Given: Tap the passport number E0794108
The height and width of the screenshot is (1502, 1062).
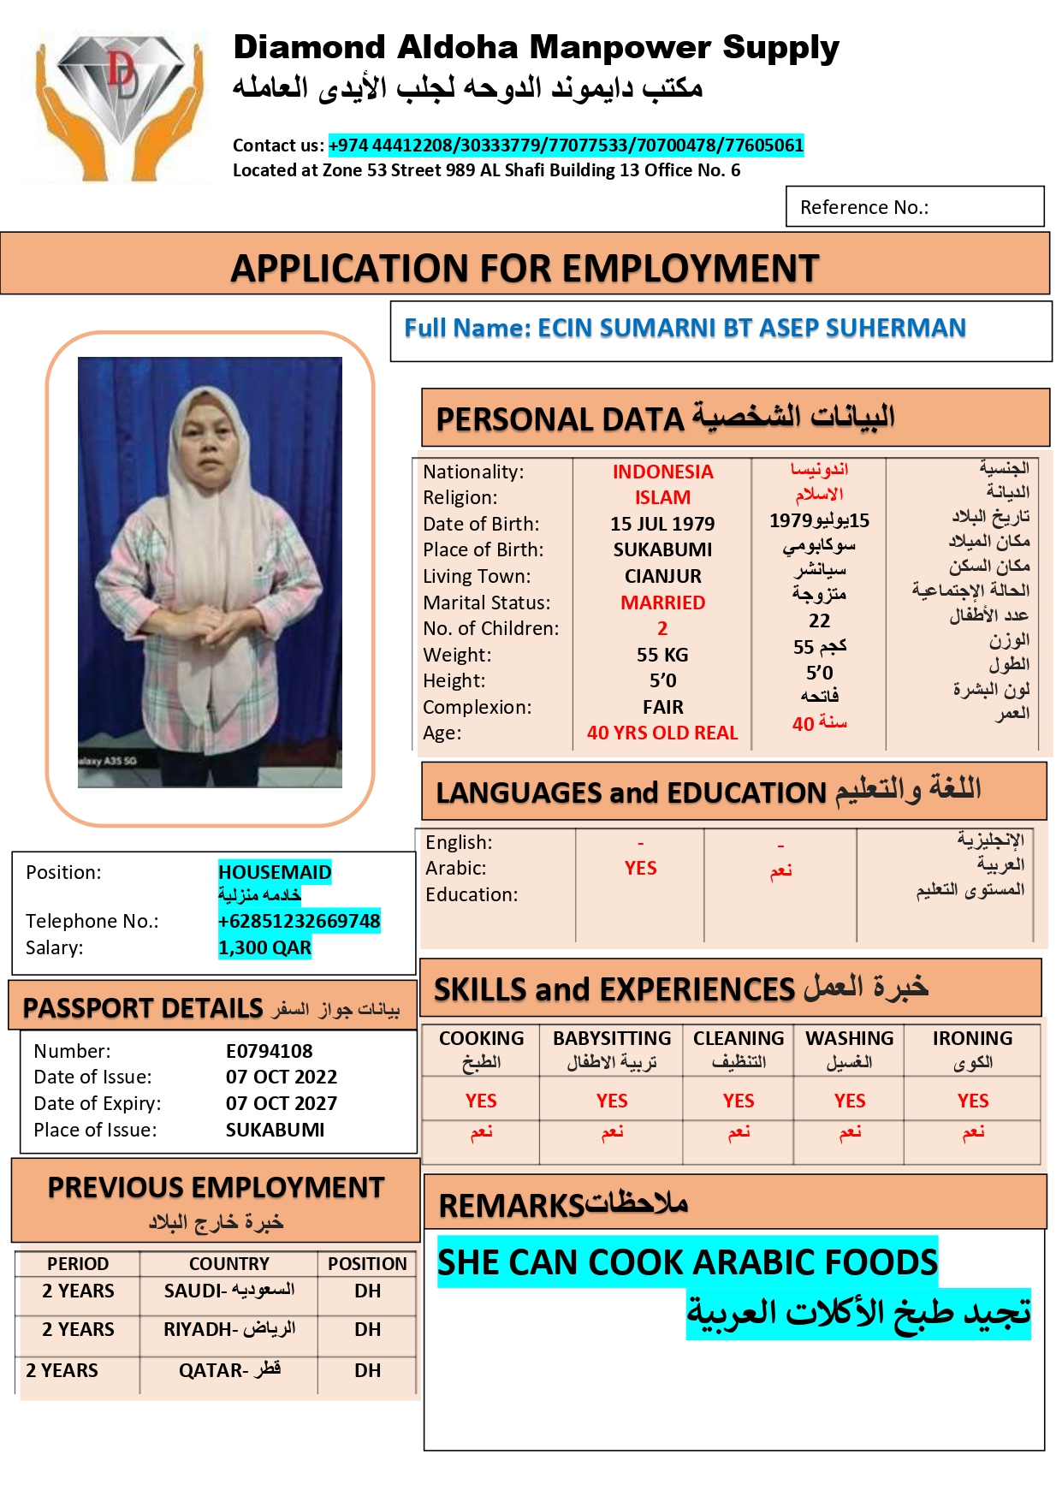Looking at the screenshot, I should (x=269, y=1051).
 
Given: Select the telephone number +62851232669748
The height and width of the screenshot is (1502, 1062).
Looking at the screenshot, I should (x=299, y=921).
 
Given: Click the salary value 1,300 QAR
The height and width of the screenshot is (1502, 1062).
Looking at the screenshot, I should (x=264, y=947).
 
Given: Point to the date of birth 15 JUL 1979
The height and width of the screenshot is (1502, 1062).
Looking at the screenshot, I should (x=662, y=524).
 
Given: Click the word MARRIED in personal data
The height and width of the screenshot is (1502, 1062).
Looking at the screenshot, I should (x=662, y=603).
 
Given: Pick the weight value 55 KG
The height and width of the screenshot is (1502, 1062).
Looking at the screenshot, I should (x=662, y=655).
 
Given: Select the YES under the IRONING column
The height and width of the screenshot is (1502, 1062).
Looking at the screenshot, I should (x=972, y=1101).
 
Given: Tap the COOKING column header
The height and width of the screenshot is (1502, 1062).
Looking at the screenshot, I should (x=481, y=1038).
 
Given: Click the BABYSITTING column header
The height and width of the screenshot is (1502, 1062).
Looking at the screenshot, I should (x=612, y=1038).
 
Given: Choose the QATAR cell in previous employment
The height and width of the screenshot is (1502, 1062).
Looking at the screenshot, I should (x=229, y=1370).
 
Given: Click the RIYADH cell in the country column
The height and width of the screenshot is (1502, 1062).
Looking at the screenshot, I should (x=229, y=1329).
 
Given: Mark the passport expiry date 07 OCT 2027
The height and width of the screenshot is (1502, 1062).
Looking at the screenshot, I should (x=282, y=1103).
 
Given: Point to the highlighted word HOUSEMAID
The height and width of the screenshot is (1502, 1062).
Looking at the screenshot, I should (x=275, y=872).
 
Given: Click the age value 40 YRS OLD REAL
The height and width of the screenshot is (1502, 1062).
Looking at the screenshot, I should (x=662, y=733).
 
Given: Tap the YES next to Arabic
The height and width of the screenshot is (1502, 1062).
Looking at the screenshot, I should (x=640, y=868).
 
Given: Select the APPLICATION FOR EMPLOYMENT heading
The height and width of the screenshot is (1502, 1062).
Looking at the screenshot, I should (x=525, y=268).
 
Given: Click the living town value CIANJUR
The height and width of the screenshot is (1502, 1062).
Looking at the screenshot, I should (x=662, y=576).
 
